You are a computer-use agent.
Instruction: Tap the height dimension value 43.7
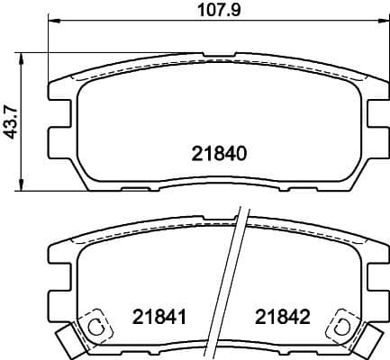[10, 122]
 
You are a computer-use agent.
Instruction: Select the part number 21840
[219, 153]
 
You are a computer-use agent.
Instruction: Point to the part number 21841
[159, 317]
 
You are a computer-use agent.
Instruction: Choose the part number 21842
[282, 317]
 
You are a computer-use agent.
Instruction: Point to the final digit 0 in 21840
[240, 153]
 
